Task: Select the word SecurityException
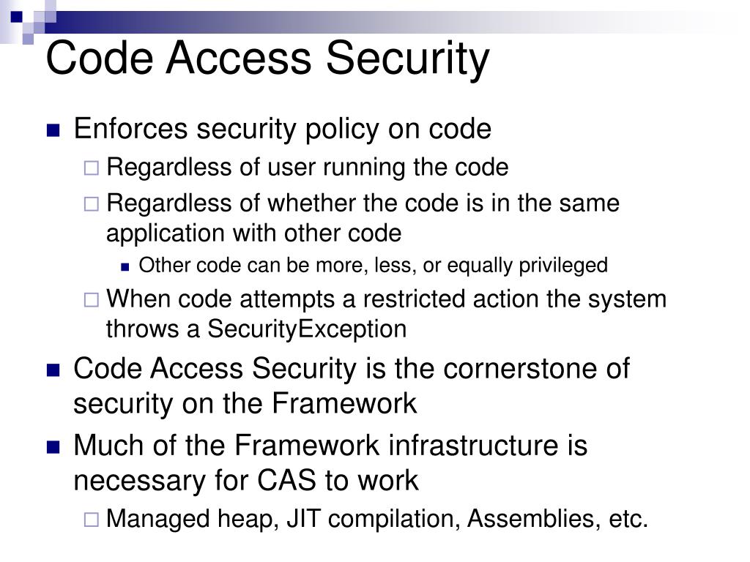click(x=307, y=329)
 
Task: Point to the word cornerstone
click(x=517, y=368)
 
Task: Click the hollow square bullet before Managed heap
click(x=92, y=520)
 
